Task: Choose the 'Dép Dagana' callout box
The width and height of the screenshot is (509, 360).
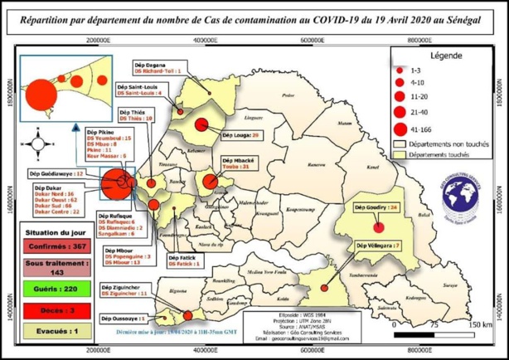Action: tap(161, 69)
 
